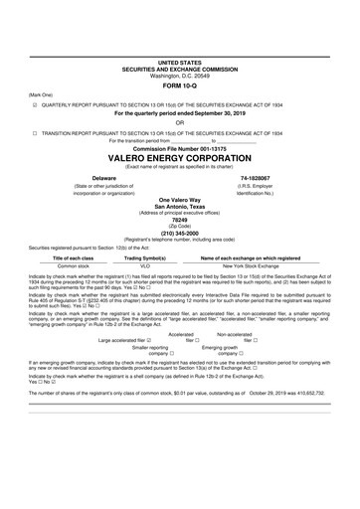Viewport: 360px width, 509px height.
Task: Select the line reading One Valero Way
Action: (x=179, y=199)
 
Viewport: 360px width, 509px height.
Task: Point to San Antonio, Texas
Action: (x=179, y=206)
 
